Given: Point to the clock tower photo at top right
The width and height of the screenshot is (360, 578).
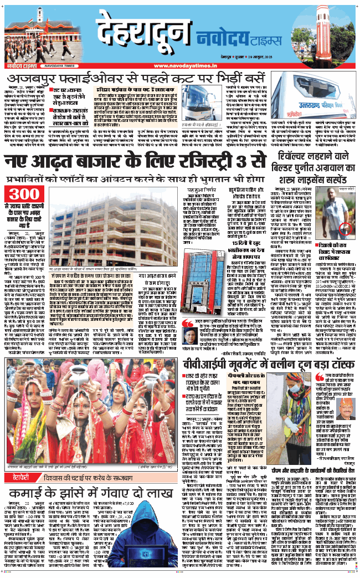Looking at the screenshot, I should (329, 35).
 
